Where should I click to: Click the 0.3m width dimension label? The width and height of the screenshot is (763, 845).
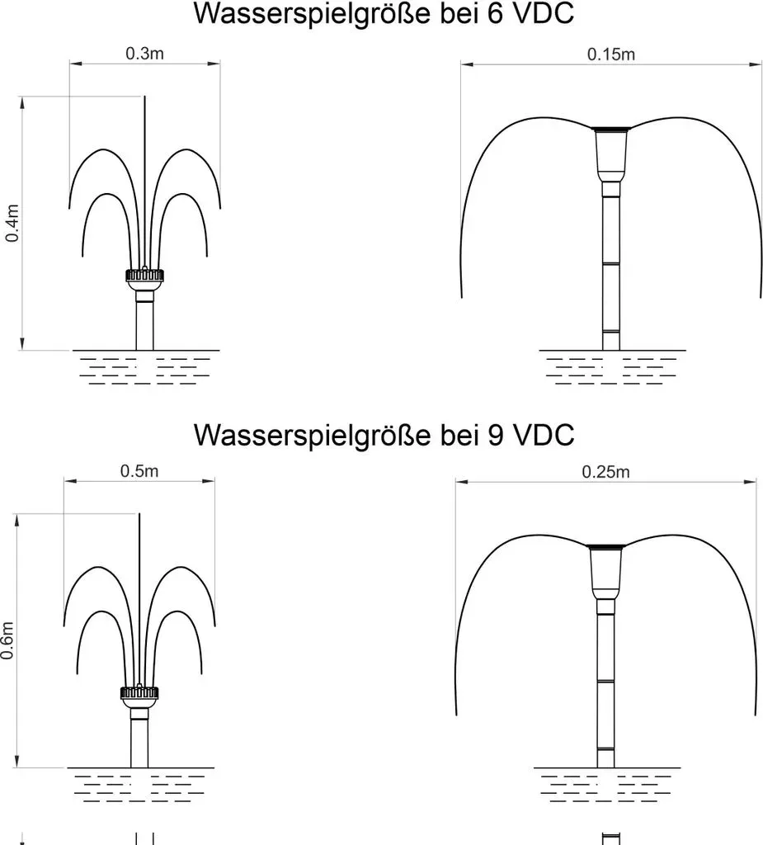coord(144,54)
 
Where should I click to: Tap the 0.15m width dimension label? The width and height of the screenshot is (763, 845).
coord(611,54)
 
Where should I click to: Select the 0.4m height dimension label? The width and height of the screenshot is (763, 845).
coord(12,223)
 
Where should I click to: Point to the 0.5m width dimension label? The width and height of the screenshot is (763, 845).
coord(139,471)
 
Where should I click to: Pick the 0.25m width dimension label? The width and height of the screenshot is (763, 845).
coord(605,472)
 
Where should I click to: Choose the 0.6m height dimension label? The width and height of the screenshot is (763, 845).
coord(7,640)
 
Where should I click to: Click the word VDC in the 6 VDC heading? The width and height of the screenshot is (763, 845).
coord(544,13)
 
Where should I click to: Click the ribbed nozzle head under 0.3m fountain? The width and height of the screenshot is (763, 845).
coord(144,276)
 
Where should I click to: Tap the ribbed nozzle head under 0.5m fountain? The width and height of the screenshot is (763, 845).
coord(139,693)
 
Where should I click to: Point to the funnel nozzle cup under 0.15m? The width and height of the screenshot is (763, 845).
coord(611,154)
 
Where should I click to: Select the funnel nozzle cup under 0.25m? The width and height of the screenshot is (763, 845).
coord(605,572)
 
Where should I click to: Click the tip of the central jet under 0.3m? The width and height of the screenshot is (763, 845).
coord(144,97)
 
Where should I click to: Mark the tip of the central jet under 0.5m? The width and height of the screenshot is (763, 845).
coord(139,513)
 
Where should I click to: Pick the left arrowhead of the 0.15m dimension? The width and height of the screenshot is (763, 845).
coord(467,64)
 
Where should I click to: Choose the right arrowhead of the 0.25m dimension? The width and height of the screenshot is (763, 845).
coord(750,482)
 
